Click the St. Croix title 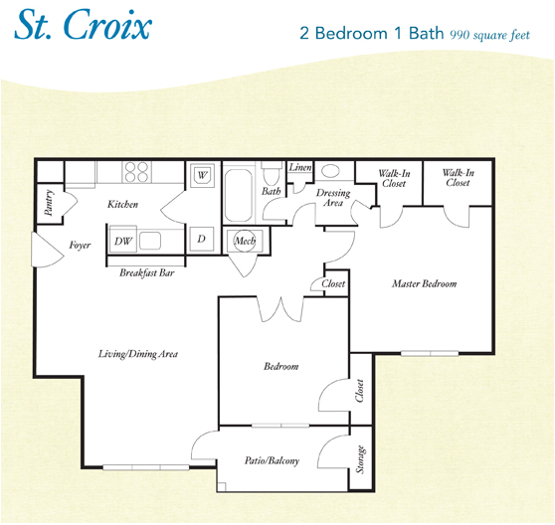click(82, 27)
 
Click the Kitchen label click(123, 205)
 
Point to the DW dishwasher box click(123, 241)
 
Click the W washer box click(203, 175)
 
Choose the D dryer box click(200, 240)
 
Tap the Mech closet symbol click(244, 241)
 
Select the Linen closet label click(300, 168)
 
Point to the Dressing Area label click(329, 197)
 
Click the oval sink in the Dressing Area click(330, 171)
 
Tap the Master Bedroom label click(425, 284)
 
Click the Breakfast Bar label click(147, 272)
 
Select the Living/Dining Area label click(137, 354)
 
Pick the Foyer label click(81, 245)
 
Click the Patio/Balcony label click(272, 460)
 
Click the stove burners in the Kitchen click(136, 172)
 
